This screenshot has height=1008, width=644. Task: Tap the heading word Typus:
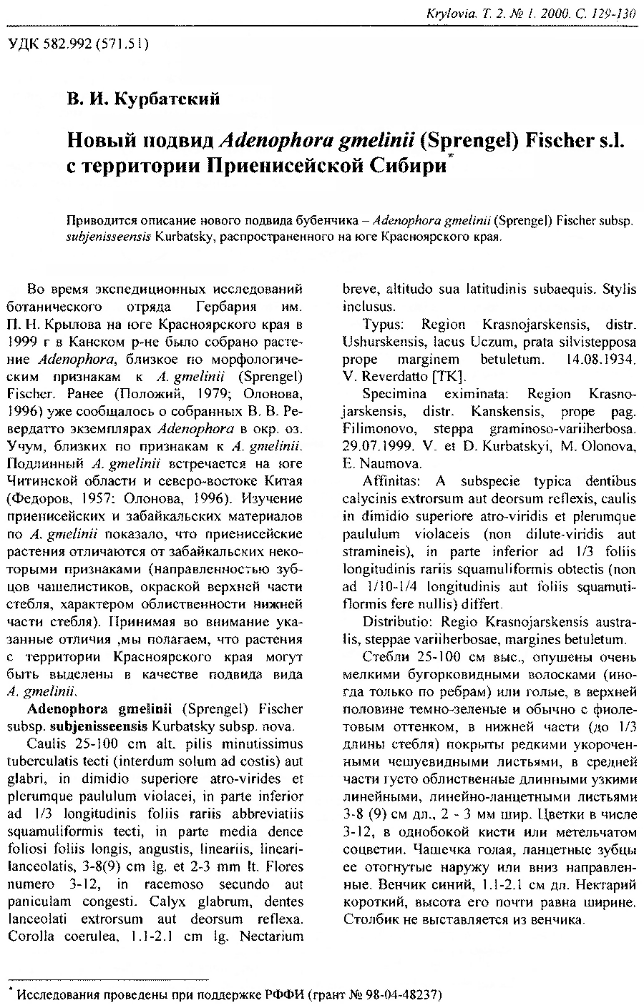(384, 324)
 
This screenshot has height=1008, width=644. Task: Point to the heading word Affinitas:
(393, 480)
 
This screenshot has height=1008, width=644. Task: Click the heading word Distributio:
(397, 621)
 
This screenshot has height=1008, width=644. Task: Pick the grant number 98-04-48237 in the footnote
(399, 994)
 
